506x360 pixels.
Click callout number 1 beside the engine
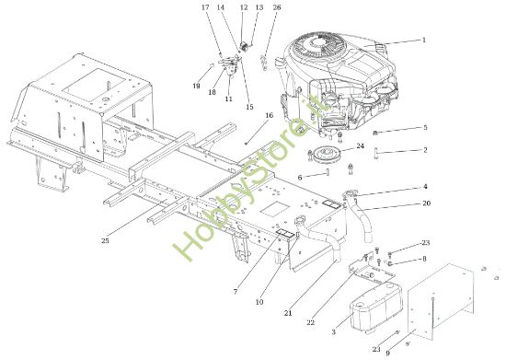pyautogui.click(x=424, y=40)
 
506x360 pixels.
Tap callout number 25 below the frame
pyautogui.click(x=105, y=241)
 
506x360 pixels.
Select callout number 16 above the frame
pyautogui.click(x=270, y=116)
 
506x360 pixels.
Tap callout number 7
pyautogui.click(x=236, y=291)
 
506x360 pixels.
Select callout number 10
pyautogui.click(x=260, y=302)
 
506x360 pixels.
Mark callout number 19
pyautogui.click(x=196, y=86)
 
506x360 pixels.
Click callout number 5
pyautogui.click(x=424, y=128)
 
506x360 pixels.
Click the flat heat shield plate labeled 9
pyautogui.click(x=451, y=299)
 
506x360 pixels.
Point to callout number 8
pyautogui.click(x=424, y=261)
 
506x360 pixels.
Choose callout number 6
pyautogui.click(x=300, y=177)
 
